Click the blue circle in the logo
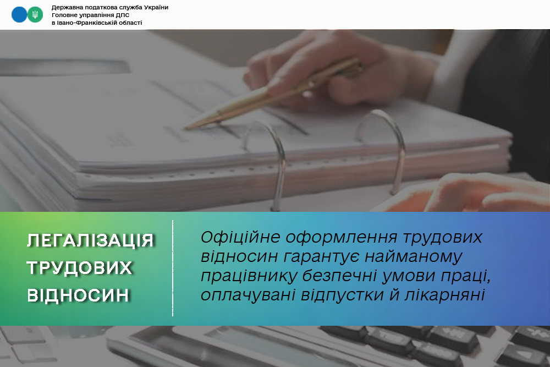pos(19,15)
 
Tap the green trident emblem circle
pos(35,15)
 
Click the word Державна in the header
pos(65,7)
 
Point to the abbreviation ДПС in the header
pos(123,15)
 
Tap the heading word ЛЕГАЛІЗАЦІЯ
pos(91,240)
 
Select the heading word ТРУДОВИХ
pos(79,268)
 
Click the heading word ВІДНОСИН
pos(78,295)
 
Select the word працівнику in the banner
pos(249,276)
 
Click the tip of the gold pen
pos(185,128)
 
